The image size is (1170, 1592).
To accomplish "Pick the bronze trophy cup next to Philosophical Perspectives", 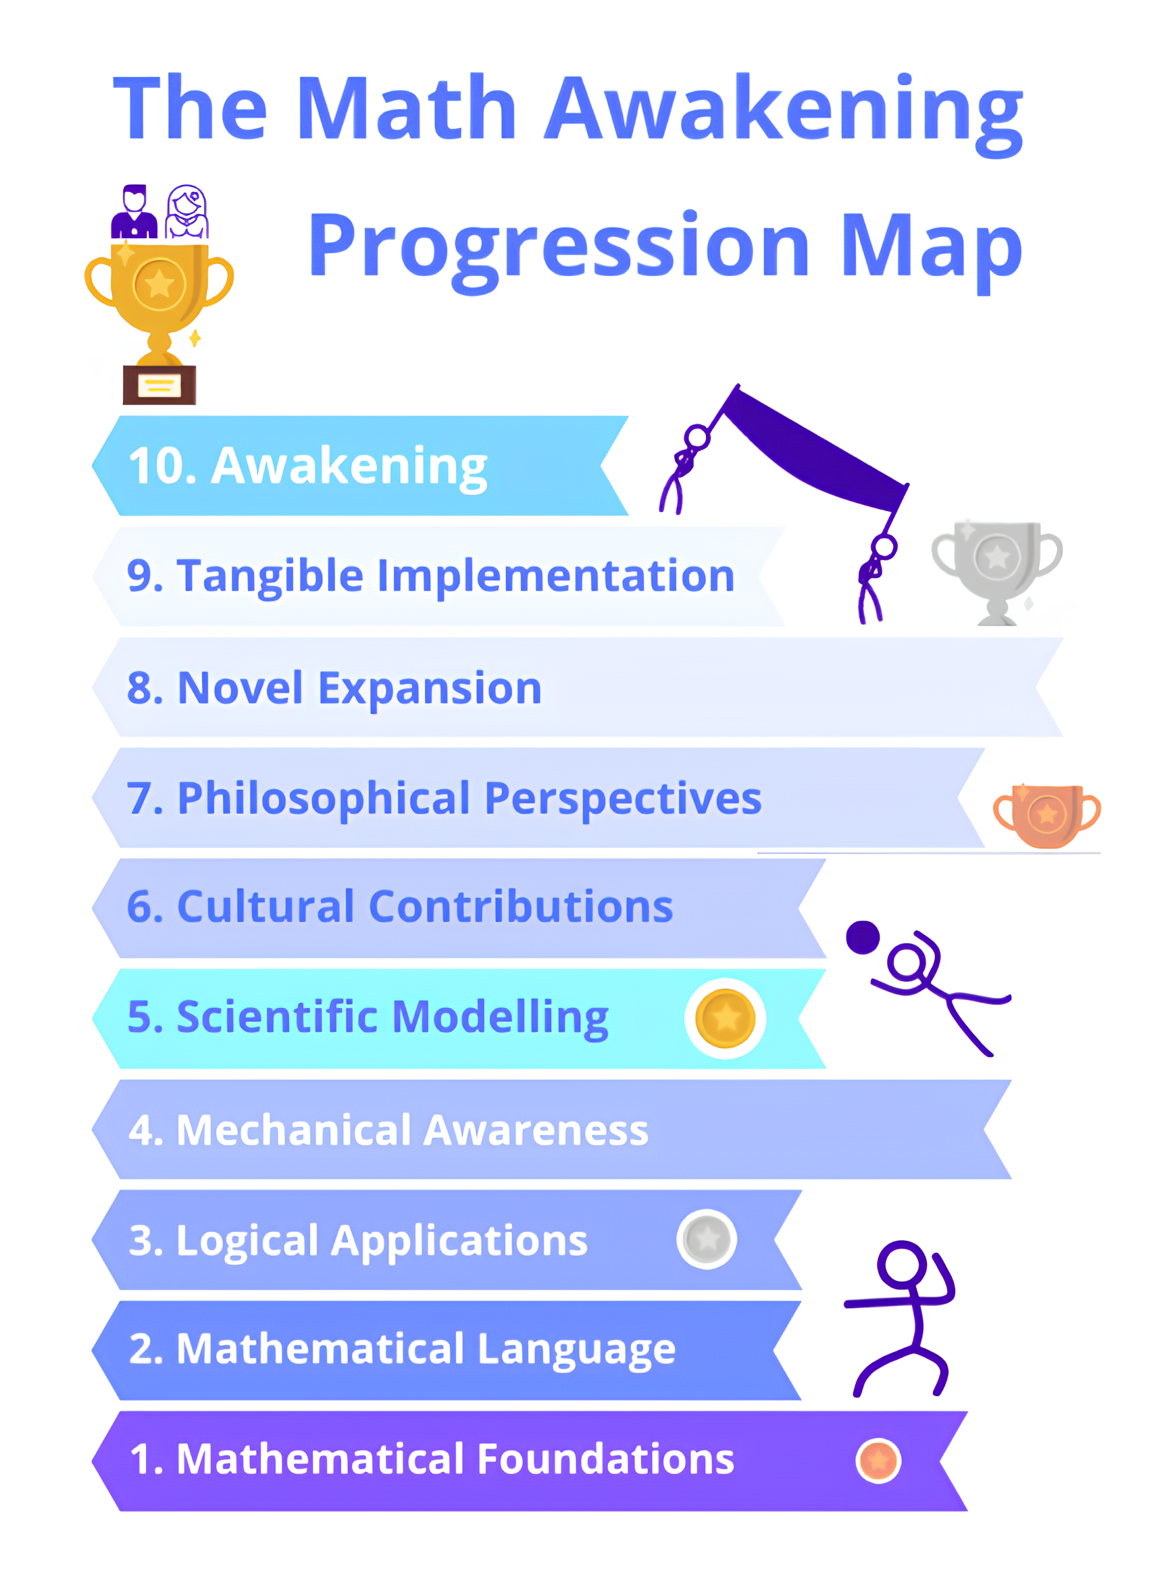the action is tap(1047, 815).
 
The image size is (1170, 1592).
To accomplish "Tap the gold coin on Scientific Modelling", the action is tap(725, 1019).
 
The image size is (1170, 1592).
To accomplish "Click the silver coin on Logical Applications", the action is tap(707, 1239).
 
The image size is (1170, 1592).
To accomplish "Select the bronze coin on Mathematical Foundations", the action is tap(878, 1460).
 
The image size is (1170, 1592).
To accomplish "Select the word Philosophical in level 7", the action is tap(324, 799).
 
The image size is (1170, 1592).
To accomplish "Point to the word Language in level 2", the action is tap(577, 1351).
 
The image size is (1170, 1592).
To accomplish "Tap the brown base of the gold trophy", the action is tap(159, 385).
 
